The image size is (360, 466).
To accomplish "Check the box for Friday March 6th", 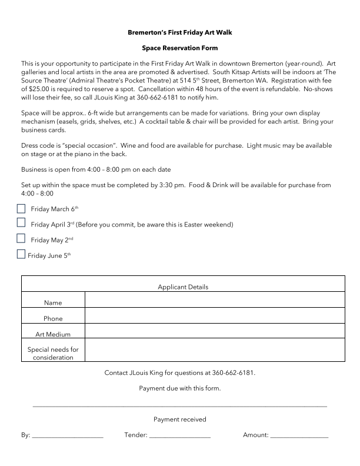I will pyautogui.click(x=21, y=209).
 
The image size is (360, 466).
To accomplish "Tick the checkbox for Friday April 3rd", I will pyautogui.click(x=21, y=224).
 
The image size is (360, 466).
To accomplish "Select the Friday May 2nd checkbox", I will pyautogui.click(x=21, y=239).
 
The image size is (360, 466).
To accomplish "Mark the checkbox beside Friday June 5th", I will pyautogui.click(x=21, y=255).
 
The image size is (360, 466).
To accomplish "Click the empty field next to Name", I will pyautogui.click(x=215, y=299).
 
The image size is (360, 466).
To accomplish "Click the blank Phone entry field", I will pyautogui.click(x=215, y=315).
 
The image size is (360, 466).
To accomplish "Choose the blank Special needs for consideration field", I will pyautogui.click(x=215, y=350).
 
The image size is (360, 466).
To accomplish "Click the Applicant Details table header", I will pyautogui.click(x=183, y=287).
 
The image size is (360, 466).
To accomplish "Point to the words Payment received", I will pyautogui.click(x=179, y=420).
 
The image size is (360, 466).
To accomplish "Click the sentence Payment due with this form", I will pyautogui.click(x=179, y=388).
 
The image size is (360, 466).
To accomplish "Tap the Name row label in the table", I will pyautogui.click(x=53, y=302).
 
